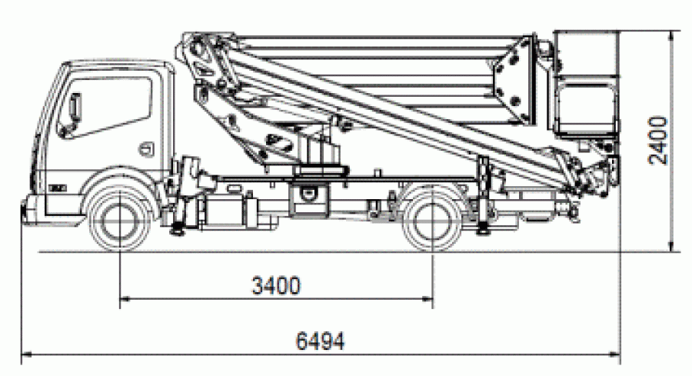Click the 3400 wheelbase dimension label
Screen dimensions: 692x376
click(276, 285)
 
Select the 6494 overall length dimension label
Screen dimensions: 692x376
click(320, 341)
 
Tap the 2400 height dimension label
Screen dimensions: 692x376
click(658, 141)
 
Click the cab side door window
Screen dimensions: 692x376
click(105, 106)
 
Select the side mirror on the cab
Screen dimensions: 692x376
click(75, 107)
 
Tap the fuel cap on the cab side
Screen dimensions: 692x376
click(147, 149)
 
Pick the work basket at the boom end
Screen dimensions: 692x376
click(586, 84)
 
